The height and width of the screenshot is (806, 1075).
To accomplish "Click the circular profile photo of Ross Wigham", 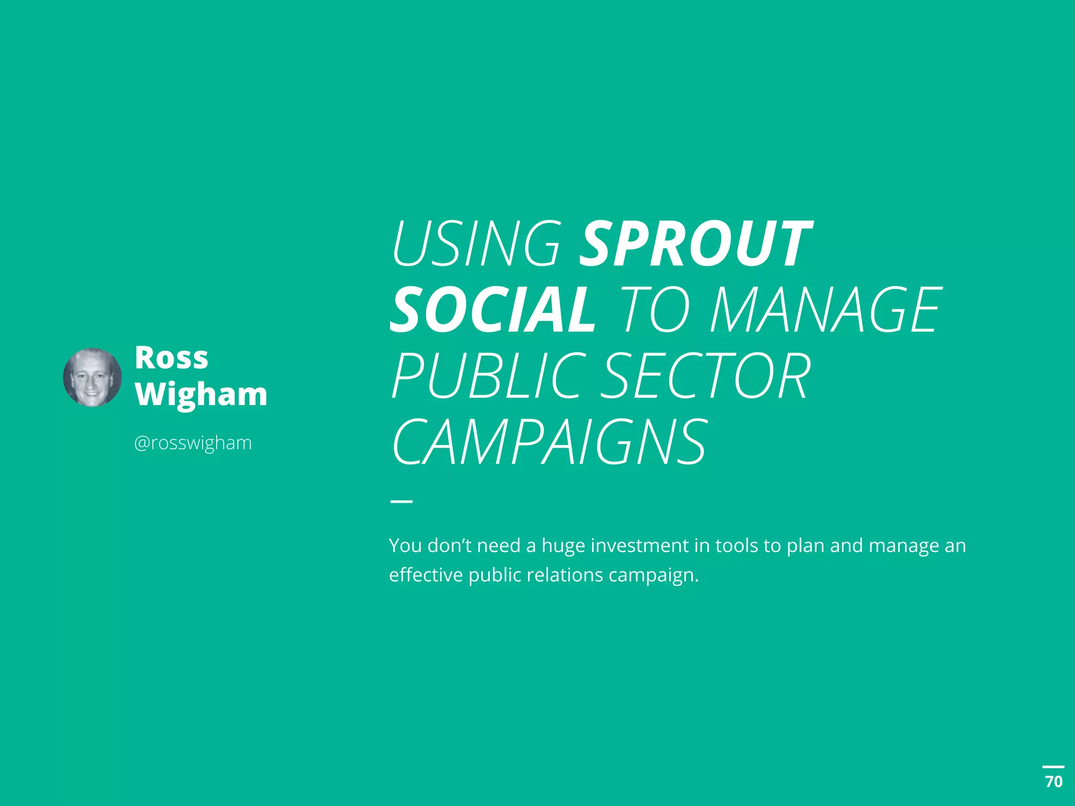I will click(92, 377).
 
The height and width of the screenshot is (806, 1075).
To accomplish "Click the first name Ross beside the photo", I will click(171, 358).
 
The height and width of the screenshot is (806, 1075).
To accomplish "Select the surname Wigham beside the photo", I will click(201, 394).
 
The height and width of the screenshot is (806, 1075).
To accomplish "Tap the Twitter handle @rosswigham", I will click(193, 443).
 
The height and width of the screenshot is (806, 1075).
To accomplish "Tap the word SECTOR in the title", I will click(705, 376).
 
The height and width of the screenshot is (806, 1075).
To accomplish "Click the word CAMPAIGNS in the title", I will click(550, 442).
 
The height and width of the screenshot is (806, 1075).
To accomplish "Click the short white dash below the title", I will click(401, 502).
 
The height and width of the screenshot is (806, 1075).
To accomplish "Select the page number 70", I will click(1053, 782).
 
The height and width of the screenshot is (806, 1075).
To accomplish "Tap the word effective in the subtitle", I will click(426, 575).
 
